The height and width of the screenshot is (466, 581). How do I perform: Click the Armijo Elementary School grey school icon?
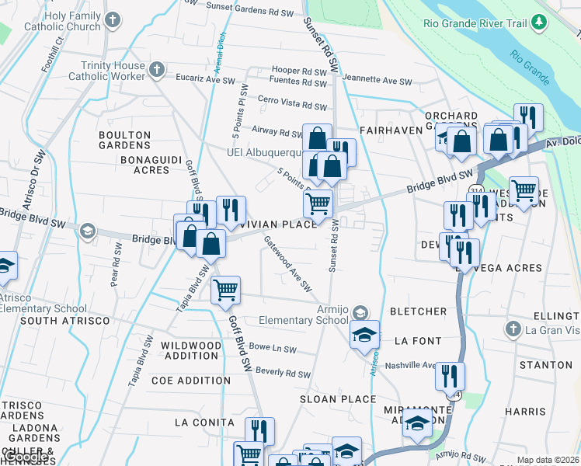click(359, 313)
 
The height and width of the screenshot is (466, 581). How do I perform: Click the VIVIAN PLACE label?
click(279, 224)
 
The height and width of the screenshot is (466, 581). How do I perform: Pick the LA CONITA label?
click(204, 422)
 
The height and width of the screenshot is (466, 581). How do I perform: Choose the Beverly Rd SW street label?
click(283, 373)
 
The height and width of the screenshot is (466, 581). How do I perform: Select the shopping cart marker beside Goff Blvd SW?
click(225, 290)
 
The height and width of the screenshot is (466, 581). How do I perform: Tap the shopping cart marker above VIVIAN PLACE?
click(318, 204)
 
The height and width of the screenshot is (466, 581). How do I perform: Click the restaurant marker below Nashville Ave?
click(450, 376)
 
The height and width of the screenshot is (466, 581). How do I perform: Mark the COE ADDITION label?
click(183, 381)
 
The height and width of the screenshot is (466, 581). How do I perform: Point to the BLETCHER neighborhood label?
click(418, 311)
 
